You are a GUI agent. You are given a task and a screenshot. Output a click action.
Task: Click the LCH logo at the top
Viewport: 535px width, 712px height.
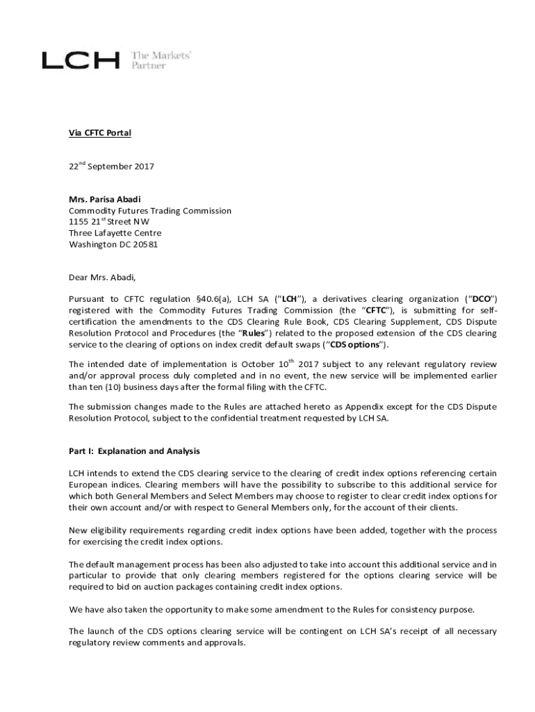click(x=80, y=60)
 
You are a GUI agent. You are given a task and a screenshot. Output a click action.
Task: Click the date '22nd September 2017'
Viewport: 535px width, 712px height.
click(x=111, y=167)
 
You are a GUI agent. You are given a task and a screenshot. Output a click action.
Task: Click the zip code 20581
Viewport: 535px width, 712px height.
click(x=144, y=244)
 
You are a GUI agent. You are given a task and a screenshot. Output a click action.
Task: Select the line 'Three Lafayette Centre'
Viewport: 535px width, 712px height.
click(x=115, y=233)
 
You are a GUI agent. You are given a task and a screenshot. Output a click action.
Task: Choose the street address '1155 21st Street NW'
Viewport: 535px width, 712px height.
click(x=109, y=222)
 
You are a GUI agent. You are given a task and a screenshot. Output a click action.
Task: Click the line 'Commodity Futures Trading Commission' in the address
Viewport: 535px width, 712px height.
click(x=150, y=211)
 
